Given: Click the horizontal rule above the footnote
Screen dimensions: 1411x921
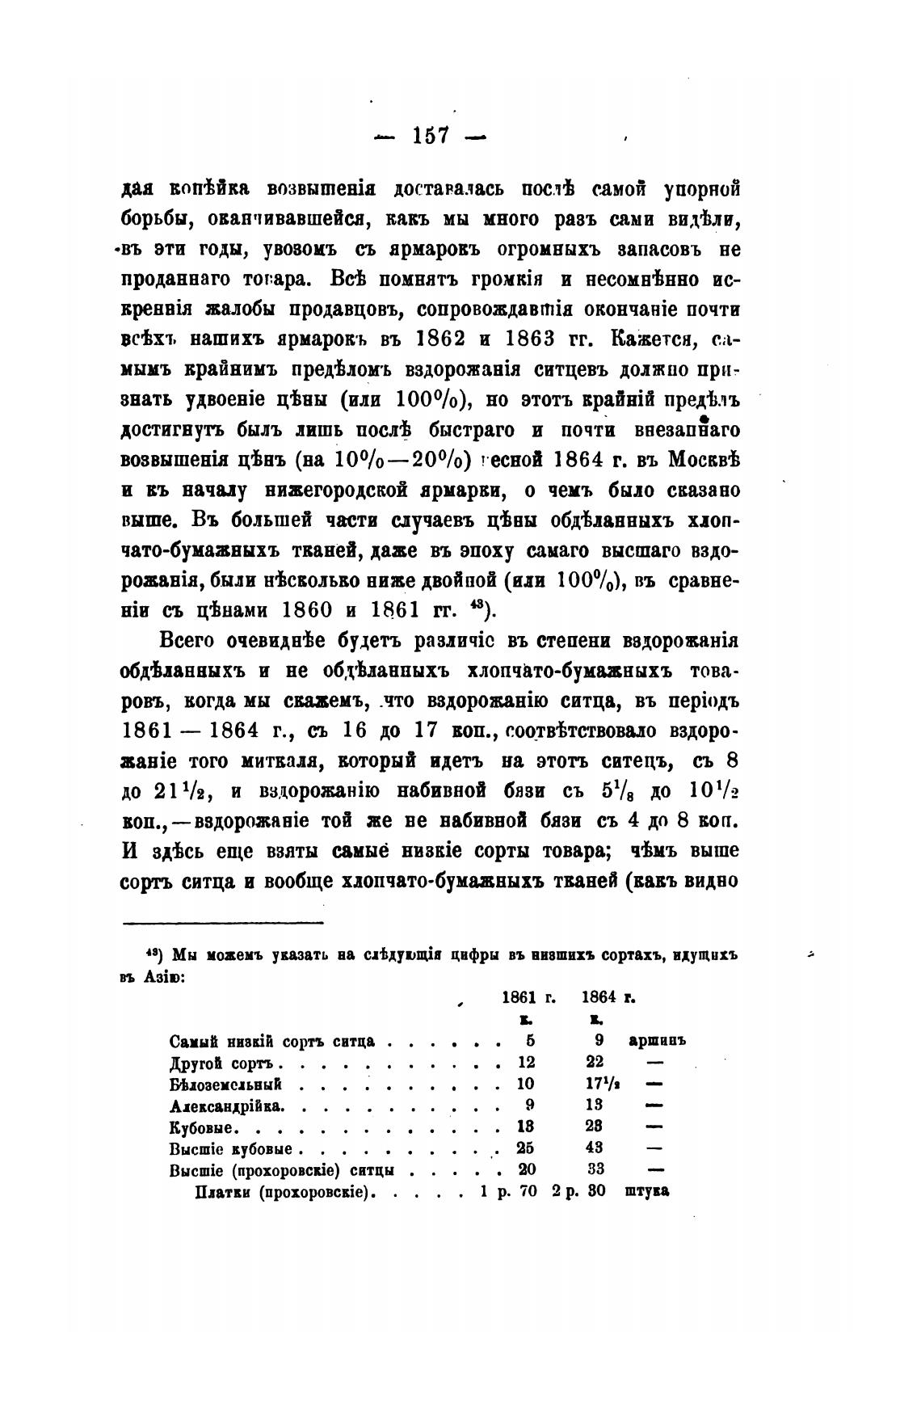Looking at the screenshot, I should coord(222,923).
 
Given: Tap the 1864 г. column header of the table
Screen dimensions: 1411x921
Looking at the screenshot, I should coord(608,999).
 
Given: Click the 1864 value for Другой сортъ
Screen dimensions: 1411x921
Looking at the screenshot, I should coord(595,1063).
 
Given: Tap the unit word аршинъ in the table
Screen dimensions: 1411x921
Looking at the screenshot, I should coord(656,1042).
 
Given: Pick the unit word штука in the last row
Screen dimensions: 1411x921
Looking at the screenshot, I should coord(647,1190).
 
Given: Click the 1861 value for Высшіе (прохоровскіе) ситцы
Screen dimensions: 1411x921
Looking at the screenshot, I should coord(527,1169).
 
